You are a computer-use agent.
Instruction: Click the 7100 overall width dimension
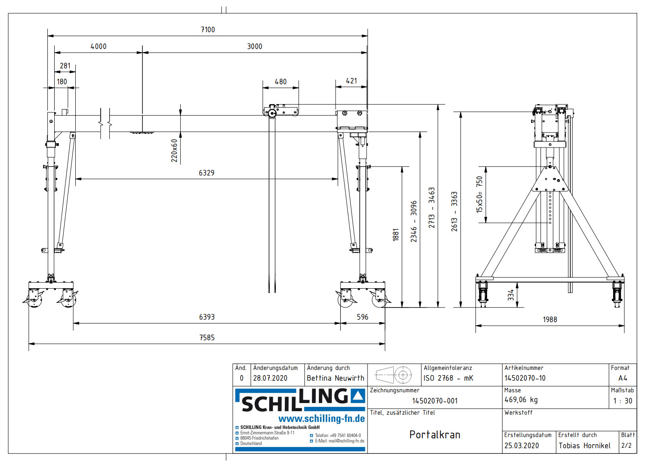(x=208, y=30)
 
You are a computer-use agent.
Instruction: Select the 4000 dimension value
(x=98, y=46)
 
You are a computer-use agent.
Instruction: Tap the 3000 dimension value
(x=254, y=46)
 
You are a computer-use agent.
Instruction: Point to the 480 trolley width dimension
(x=281, y=82)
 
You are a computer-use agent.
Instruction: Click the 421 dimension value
(x=352, y=81)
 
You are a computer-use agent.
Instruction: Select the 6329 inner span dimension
(x=207, y=173)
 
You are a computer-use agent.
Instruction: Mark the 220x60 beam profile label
(x=174, y=151)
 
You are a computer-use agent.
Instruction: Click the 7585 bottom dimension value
(x=207, y=338)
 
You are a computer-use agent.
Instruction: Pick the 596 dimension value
(x=362, y=317)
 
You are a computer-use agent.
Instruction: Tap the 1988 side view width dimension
(x=550, y=320)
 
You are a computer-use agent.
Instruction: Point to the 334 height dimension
(x=511, y=295)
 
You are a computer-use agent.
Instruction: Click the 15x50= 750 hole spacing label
(x=479, y=194)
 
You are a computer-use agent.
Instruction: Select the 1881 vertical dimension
(x=396, y=235)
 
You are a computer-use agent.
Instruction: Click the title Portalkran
(x=435, y=435)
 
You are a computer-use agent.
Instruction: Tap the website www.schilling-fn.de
(x=321, y=419)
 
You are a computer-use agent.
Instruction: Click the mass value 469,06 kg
(x=521, y=400)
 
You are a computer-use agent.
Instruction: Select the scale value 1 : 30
(x=623, y=401)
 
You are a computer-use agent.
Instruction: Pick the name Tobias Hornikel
(x=584, y=446)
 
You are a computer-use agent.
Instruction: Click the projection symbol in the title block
(x=394, y=375)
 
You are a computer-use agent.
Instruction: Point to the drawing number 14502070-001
(x=435, y=401)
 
